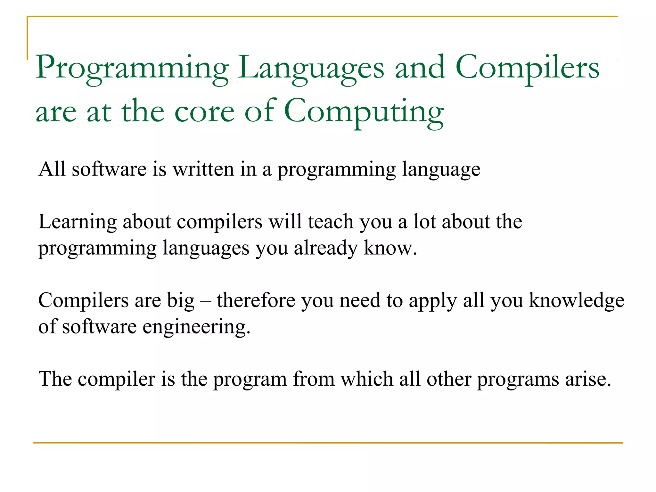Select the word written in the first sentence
[x=203, y=169]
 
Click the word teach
[x=331, y=222]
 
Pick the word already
[x=325, y=249]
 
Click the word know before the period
[x=388, y=248]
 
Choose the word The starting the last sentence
[x=55, y=379]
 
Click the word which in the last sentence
[x=366, y=379]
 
